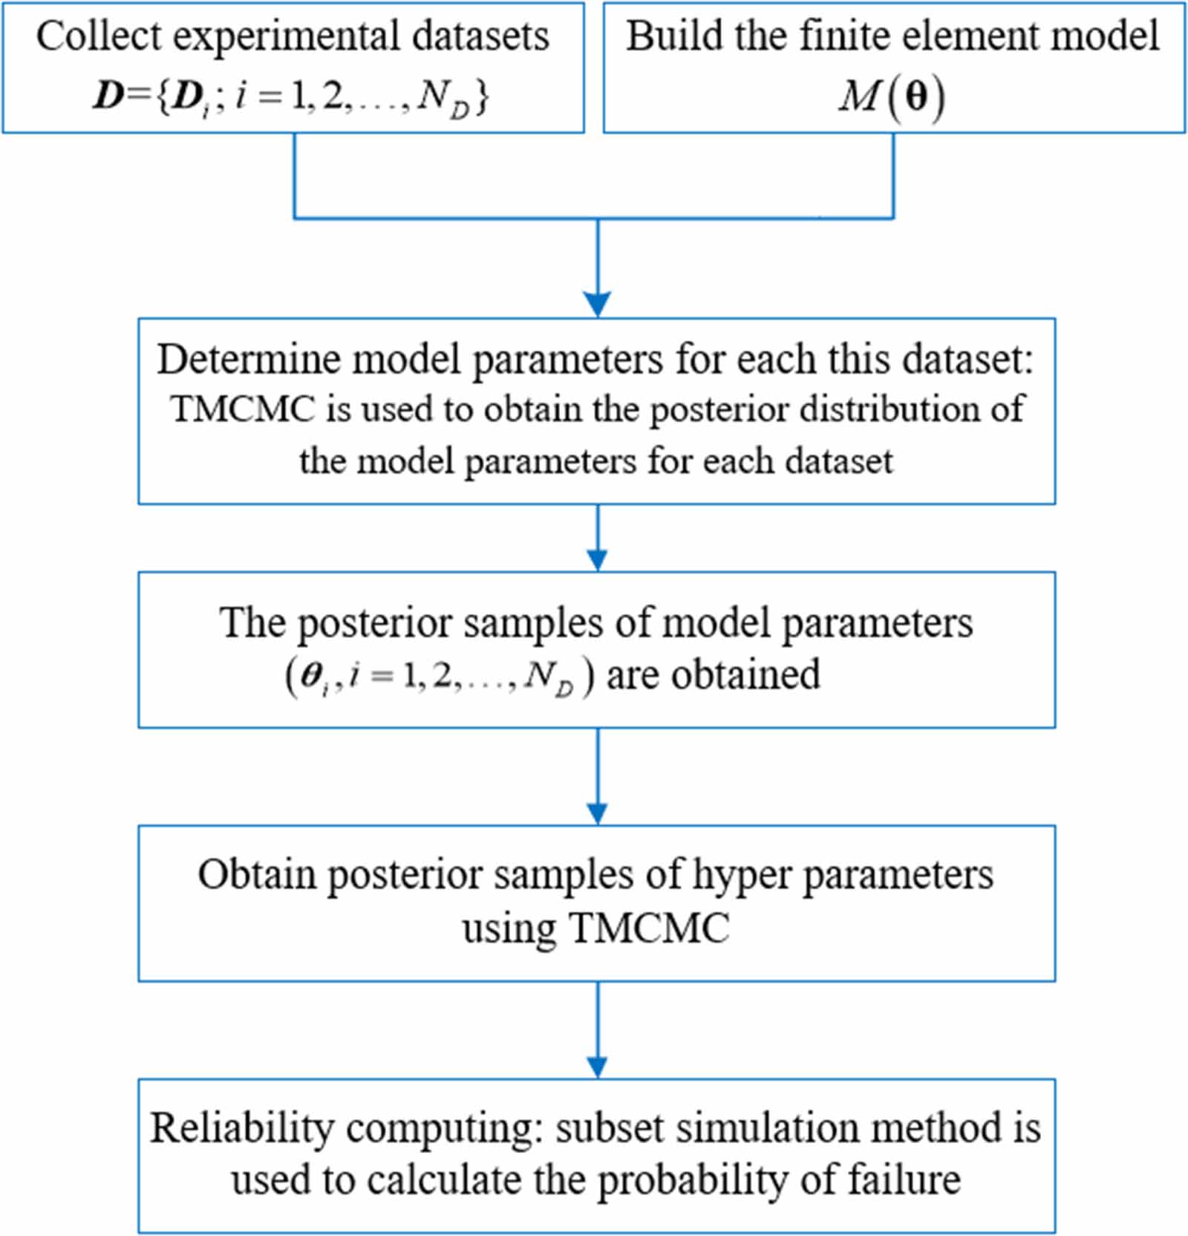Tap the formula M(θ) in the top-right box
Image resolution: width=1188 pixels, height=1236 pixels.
click(x=892, y=97)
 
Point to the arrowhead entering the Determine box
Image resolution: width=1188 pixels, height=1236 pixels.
click(x=597, y=305)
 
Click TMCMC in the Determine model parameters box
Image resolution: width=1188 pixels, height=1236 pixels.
click(x=243, y=409)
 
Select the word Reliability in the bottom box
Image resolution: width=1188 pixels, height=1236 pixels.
click(x=242, y=1128)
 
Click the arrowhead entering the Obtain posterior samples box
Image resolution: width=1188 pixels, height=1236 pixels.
click(x=597, y=813)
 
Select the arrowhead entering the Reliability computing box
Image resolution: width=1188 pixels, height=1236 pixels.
click(x=597, y=1067)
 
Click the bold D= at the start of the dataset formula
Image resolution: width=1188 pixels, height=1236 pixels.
click(x=119, y=97)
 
